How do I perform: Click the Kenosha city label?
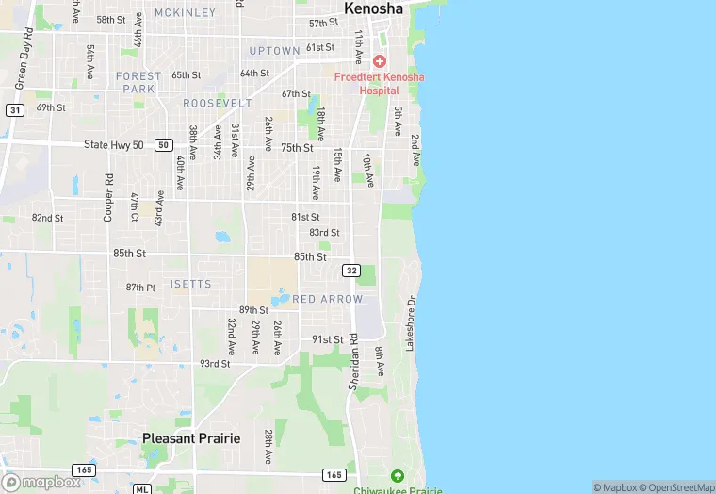coord(374,8)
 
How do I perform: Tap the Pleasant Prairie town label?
coord(191,438)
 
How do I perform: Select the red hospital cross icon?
coord(380,60)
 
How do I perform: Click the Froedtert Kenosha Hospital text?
coord(380,83)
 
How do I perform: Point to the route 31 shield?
coord(14,110)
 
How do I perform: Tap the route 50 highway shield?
coord(165,144)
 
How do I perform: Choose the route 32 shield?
coord(351,271)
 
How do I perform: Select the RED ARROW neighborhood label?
coord(327,299)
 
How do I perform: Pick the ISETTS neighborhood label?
coord(190,284)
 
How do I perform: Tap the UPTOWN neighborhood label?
coord(274,50)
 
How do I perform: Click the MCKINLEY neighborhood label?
coord(185,13)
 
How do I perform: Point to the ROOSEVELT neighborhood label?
coord(218,103)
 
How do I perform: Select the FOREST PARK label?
coord(138,82)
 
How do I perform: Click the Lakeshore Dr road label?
coord(411,324)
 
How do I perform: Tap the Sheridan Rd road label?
coord(354,361)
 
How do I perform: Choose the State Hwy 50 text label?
coord(114,144)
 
